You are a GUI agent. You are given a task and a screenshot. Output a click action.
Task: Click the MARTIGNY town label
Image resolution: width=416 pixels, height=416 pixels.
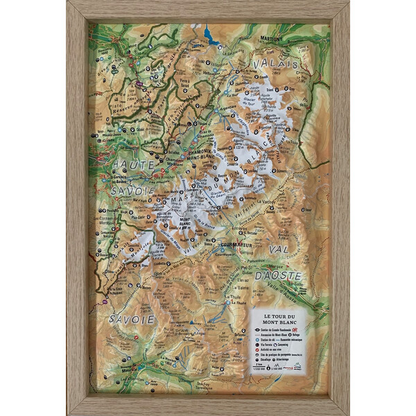click(272, 39)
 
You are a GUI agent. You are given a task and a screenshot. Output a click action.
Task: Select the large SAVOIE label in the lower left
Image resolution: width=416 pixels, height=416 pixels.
click(131, 320)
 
